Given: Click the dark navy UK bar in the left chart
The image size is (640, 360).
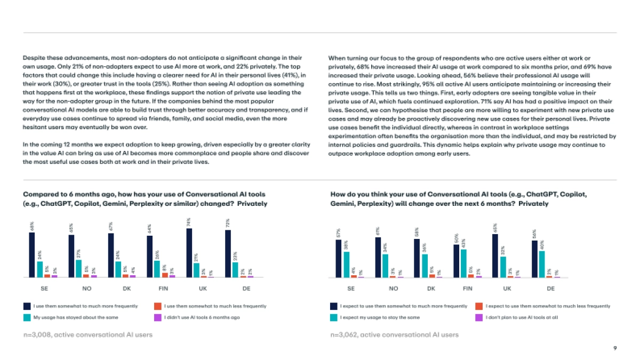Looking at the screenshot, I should pyautogui.click(x=189, y=253).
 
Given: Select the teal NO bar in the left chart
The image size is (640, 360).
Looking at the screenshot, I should pyautogui.click(x=78, y=269).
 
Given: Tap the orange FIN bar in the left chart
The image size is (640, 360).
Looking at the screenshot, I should pyautogui.click(x=164, y=275).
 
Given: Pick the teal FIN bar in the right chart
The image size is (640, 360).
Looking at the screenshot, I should pyautogui.click(x=464, y=263).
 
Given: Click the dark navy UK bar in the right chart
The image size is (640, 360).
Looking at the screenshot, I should pyautogui.click(x=495, y=256).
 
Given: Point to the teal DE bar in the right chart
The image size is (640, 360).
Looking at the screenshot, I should pyautogui.click(x=542, y=265).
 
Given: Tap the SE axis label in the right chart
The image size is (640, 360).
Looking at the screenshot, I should pyautogui.click(x=351, y=289).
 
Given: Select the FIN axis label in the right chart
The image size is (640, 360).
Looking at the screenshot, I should pyautogui.click(x=468, y=289).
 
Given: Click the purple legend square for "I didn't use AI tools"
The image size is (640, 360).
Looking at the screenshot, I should pyautogui.click(x=157, y=317).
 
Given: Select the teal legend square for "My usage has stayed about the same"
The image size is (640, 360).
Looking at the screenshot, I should pyautogui.click(x=26, y=317).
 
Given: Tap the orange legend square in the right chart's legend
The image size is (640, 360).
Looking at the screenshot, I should pyautogui.click(x=478, y=306).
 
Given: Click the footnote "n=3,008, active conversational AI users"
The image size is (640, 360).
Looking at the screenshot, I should pyautogui.click(x=87, y=334).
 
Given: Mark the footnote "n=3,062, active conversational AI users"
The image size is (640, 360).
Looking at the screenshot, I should pyautogui.click(x=394, y=334).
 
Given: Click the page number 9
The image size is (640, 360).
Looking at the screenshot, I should pyautogui.click(x=615, y=348).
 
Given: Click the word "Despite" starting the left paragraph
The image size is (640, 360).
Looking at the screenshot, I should pyautogui.click(x=34, y=58).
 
